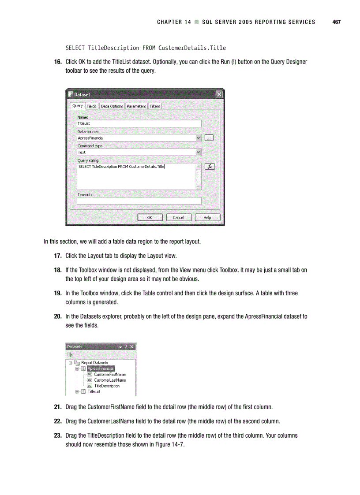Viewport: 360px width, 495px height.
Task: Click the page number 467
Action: [x=336, y=22]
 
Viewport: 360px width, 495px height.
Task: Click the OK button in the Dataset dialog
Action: [x=150, y=217]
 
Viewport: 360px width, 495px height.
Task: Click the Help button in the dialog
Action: [x=207, y=217]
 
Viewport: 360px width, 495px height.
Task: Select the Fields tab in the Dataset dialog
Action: [x=91, y=106]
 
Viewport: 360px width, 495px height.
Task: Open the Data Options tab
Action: [x=112, y=106]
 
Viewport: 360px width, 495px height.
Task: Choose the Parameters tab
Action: [x=136, y=106]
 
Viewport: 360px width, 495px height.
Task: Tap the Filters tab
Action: [x=155, y=106]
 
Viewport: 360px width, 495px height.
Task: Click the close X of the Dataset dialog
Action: [x=219, y=94]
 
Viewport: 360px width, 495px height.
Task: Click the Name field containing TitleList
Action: [x=139, y=123]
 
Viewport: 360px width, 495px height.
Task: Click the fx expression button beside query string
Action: [x=210, y=167]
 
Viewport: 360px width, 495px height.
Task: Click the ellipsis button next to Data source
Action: [x=209, y=138]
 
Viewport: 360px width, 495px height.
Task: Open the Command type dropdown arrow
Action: [x=198, y=152]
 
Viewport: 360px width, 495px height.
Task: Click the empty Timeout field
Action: [x=139, y=201]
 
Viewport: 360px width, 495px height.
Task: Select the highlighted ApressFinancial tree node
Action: [x=101, y=368]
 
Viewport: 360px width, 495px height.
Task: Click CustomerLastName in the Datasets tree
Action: [x=110, y=380]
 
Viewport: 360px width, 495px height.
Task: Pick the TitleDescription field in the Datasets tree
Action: [x=107, y=386]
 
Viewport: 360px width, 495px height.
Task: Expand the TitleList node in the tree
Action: [x=77, y=391]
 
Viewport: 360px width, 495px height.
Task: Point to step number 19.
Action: [x=58, y=293]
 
